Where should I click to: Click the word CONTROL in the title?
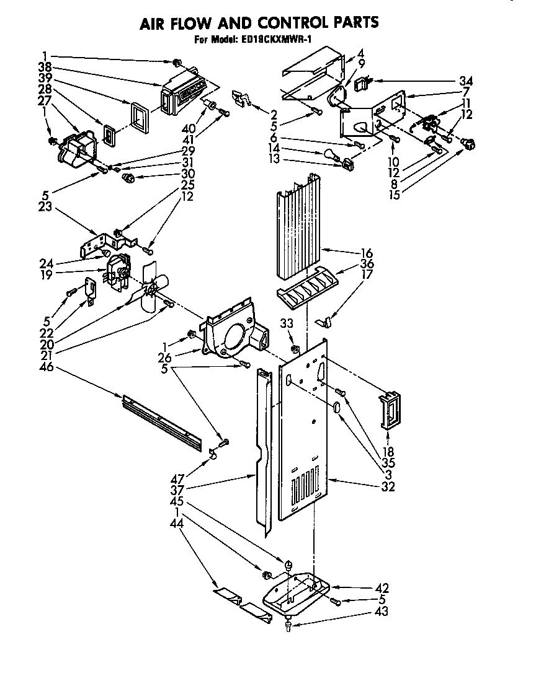[290, 23]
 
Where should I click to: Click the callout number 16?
[367, 253]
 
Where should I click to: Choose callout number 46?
[47, 367]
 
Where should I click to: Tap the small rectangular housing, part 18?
[388, 410]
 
